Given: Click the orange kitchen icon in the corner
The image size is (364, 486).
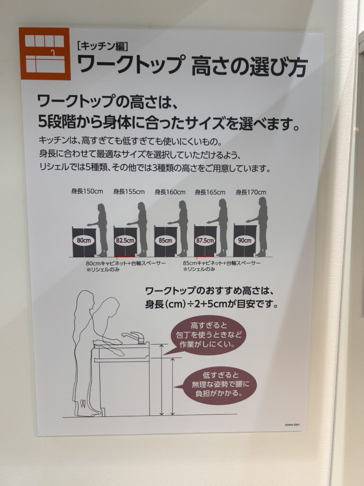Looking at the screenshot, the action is click(45, 54).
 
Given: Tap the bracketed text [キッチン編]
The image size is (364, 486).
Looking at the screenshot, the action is click(102, 46).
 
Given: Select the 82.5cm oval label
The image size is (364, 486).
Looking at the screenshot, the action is click(125, 240).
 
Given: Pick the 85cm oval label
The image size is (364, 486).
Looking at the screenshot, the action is click(165, 240).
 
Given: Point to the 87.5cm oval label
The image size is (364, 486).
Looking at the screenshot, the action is click(205, 240).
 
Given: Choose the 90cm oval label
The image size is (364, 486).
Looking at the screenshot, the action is click(245, 240).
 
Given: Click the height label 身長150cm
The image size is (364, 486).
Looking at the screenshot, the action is click(87, 191).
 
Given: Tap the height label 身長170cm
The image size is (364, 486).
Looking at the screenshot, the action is click(251, 192).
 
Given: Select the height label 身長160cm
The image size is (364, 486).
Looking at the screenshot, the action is click(170, 192).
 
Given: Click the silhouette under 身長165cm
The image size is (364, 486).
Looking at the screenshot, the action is click(219, 227).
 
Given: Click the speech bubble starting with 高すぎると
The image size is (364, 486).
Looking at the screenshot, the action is click(205, 336).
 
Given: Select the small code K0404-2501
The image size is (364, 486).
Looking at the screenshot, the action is click(292, 425).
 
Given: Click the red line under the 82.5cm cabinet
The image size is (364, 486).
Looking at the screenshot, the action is click(125, 257).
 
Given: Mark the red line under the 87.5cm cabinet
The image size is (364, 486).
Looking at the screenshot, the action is click(205, 257).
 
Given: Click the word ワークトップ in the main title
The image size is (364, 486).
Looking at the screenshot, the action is click(129, 65).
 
